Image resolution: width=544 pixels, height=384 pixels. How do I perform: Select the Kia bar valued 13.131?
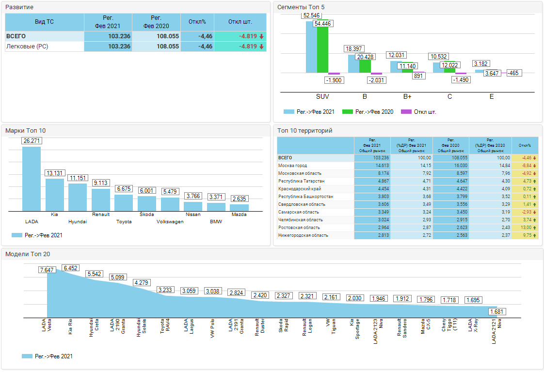[54, 195]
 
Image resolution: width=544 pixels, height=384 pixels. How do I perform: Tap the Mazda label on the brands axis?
[239, 215]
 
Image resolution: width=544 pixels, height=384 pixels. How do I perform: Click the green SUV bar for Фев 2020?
[322, 46]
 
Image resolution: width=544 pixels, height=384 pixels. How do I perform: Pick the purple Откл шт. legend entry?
[419, 112]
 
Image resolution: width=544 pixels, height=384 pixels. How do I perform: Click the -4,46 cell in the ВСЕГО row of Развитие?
[198, 36]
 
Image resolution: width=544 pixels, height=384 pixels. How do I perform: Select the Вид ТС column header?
[45, 22]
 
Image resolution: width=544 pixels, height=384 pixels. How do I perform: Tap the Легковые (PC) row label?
[27, 46]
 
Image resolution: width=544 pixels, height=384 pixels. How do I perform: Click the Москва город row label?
[293, 166]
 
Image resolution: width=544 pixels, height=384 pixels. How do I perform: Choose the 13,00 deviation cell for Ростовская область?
[525, 228]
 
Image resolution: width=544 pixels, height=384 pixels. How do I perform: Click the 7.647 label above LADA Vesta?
[47, 270]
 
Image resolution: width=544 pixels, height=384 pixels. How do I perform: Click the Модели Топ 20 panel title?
[27, 254]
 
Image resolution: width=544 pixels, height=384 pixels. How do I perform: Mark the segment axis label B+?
[407, 97]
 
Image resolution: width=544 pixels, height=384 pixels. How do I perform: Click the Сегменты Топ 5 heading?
[301, 7]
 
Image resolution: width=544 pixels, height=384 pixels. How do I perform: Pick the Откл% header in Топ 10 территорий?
[525, 145]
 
